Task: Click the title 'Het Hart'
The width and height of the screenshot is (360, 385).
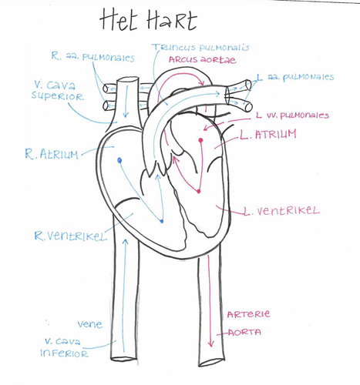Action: (148, 20)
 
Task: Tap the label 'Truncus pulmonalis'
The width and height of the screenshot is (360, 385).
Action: (200, 48)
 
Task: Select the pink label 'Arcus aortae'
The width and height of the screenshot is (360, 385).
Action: (202, 60)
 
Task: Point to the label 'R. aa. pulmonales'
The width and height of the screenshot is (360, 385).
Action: (93, 56)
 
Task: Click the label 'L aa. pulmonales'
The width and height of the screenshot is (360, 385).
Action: (295, 77)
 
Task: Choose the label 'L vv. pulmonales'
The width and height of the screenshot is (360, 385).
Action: (292, 115)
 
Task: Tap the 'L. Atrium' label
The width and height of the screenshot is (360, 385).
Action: (268, 134)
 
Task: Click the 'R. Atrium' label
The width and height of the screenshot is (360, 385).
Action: (52, 154)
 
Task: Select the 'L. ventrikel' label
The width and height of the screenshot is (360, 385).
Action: (281, 211)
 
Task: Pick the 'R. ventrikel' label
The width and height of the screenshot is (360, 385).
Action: (70, 236)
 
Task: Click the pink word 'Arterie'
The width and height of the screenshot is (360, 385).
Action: (248, 314)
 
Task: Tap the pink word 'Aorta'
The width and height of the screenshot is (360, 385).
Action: (244, 333)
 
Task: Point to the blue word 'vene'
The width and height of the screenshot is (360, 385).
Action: (90, 324)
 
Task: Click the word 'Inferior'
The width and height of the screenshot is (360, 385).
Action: (64, 353)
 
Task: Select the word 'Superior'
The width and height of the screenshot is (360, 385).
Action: (58, 96)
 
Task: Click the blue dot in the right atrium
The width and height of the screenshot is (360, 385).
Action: (119, 161)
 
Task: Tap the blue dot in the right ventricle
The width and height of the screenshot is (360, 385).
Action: (161, 221)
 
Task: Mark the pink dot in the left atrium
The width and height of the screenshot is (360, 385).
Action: (200, 140)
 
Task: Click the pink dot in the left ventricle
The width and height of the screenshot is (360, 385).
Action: (198, 191)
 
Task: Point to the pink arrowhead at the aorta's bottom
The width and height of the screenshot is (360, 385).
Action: (211, 343)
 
